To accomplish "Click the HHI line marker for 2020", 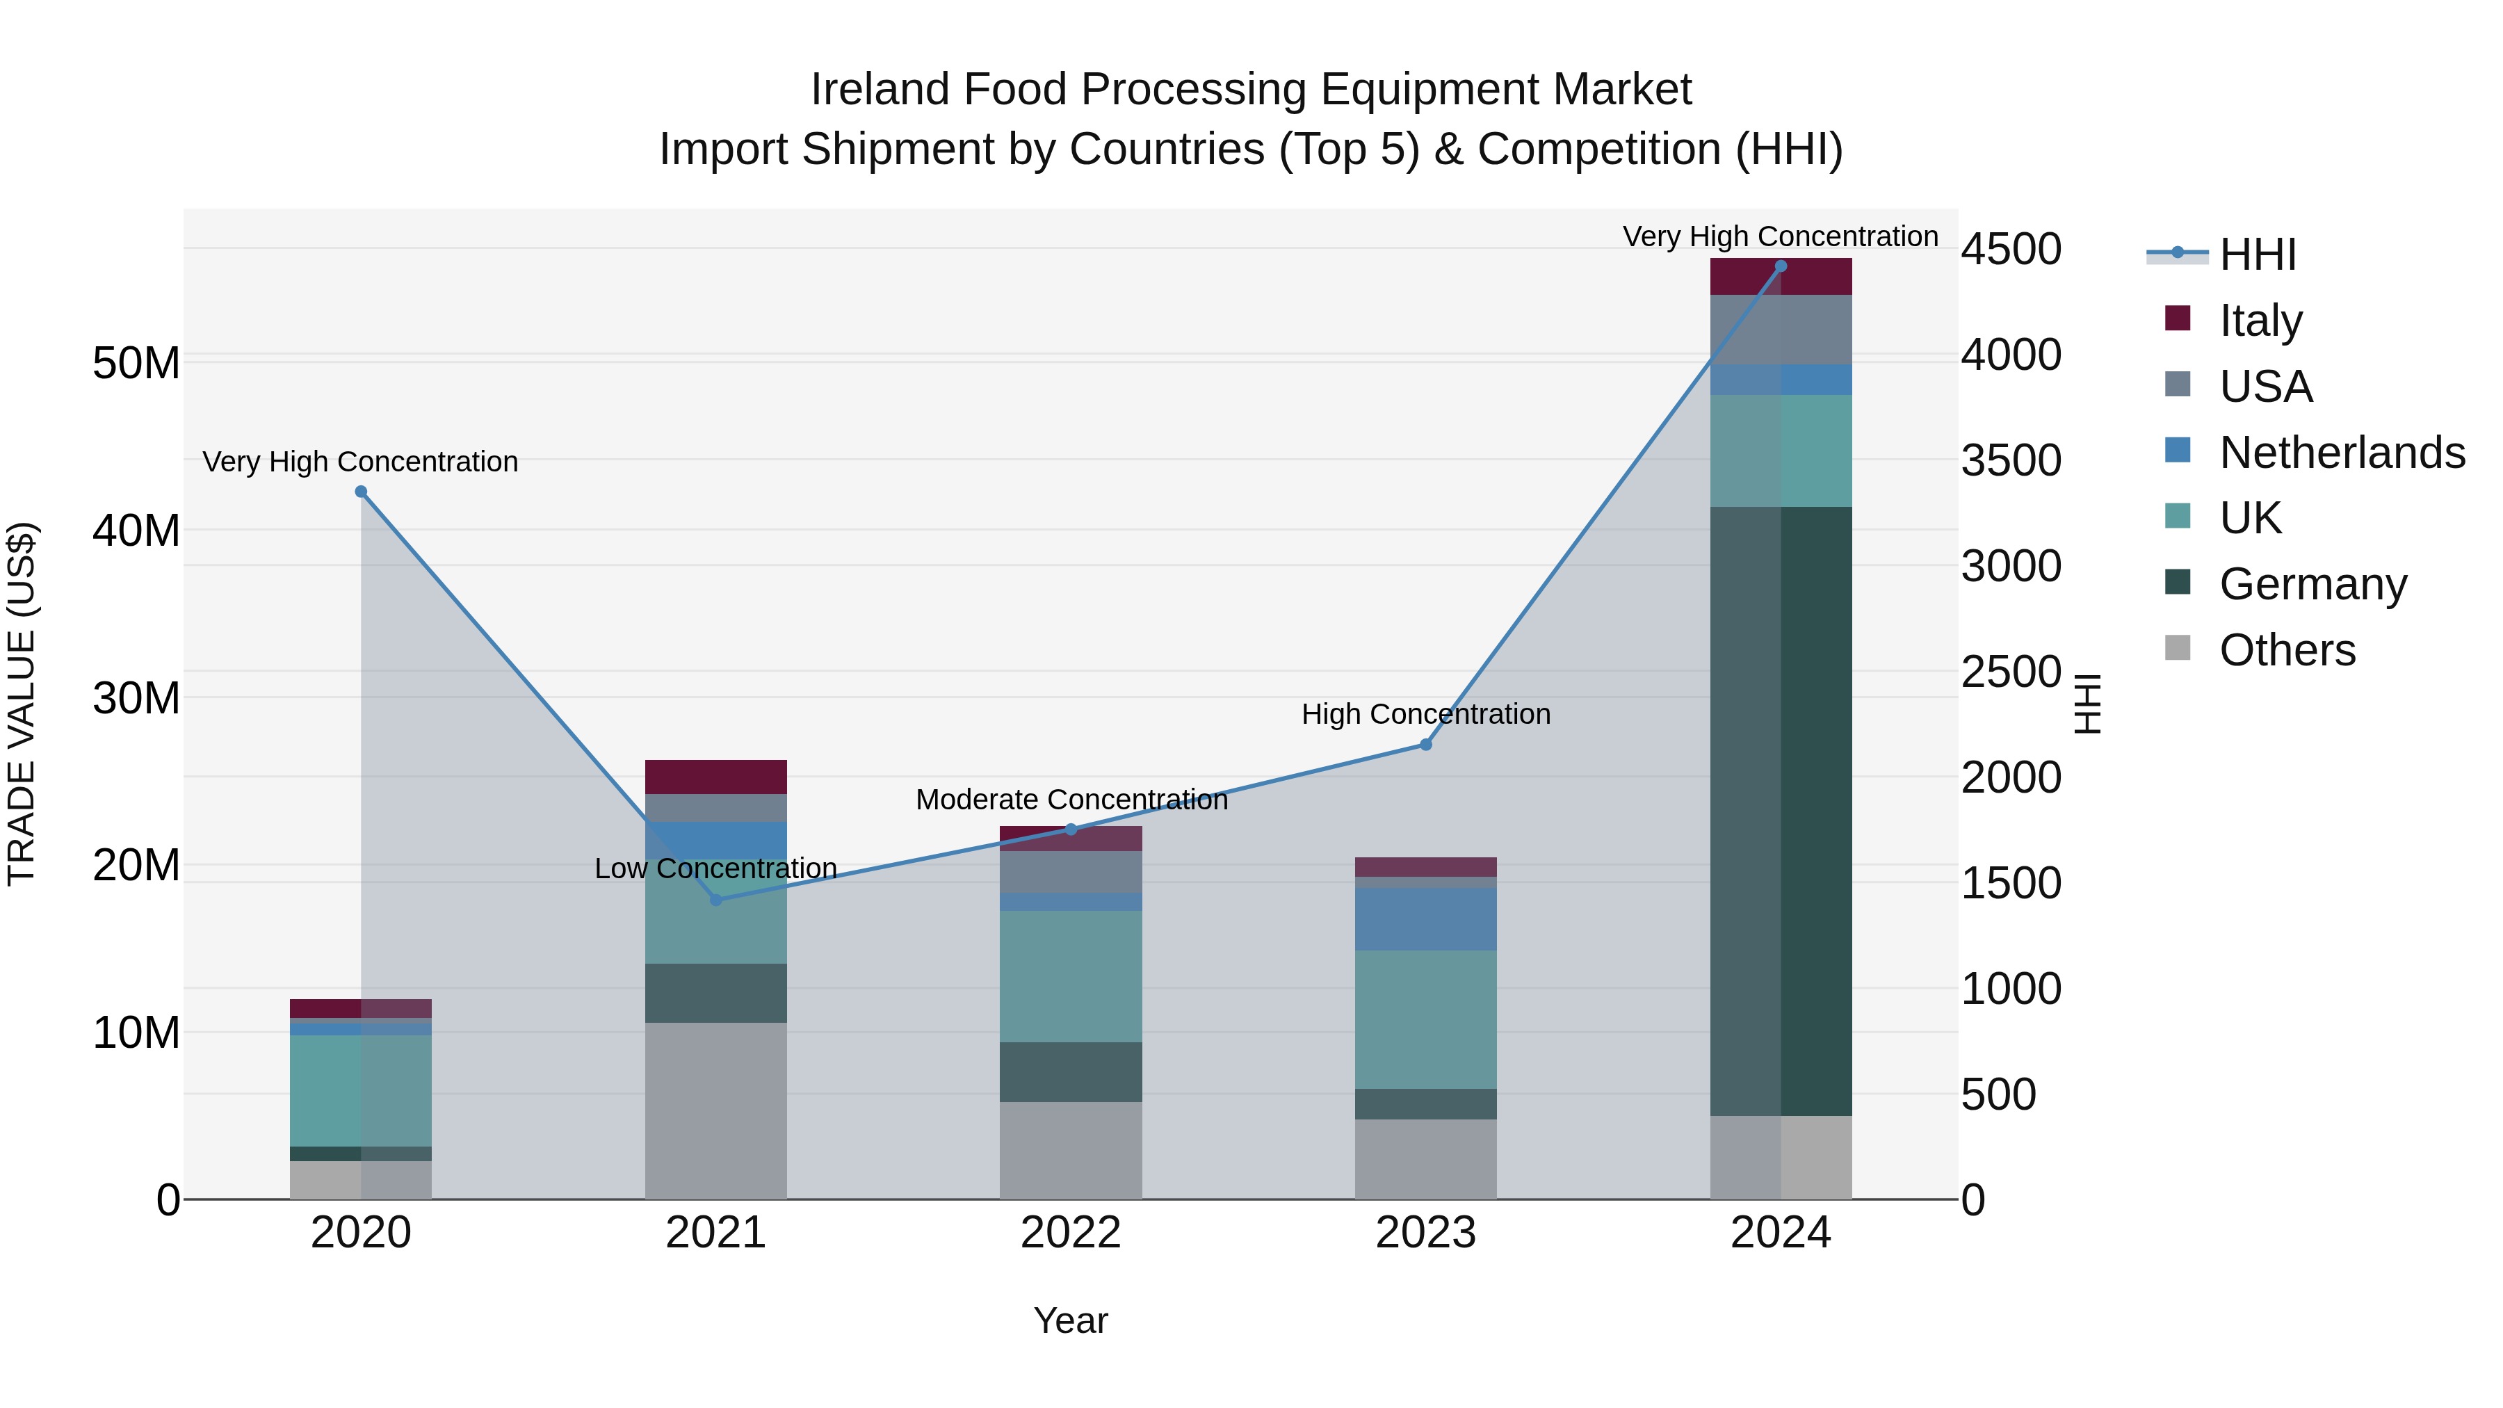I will tap(360, 492).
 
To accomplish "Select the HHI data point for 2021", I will tap(716, 900).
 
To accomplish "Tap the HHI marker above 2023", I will tap(1425, 744).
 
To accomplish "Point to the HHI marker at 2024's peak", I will tap(1780, 266).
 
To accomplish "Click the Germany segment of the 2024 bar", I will tap(1780, 811).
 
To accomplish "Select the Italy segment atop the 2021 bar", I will tap(716, 777).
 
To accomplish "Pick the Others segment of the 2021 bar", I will tap(716, 1110).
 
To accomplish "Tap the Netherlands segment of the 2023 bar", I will tap(1425, 919).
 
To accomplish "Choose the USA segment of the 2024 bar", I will tap(1780, 330).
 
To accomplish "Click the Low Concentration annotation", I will tap(715, 868).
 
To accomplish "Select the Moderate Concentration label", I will tap(1071, 800).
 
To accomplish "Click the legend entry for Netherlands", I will tap(2342, 453).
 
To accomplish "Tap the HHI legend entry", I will tap(2257, 254).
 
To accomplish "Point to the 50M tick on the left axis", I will tap(136, 364).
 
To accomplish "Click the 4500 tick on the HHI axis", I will tap(2010, 249).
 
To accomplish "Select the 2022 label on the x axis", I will tap(1071, 1233).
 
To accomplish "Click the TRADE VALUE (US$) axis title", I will tap(22, 704).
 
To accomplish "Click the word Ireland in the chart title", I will tap(880, 90).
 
